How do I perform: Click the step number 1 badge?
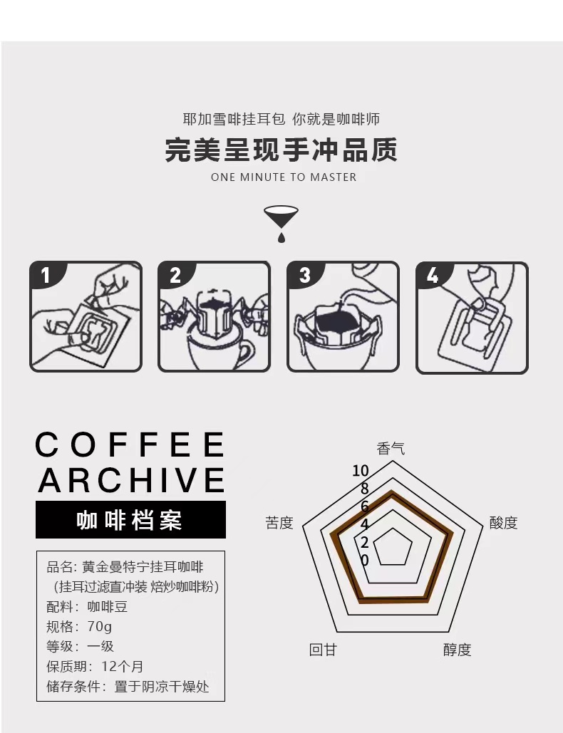46,276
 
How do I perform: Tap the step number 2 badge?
175,276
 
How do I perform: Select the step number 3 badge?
304,276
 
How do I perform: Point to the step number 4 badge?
433,276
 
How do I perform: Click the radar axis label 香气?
391,449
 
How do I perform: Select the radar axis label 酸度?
504,523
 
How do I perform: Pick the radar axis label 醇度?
458,650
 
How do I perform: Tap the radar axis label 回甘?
323,650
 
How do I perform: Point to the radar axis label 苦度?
279,523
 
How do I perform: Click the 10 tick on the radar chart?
361,471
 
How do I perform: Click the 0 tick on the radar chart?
365,560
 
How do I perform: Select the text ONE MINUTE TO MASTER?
284,177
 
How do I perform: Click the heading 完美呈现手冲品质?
281,150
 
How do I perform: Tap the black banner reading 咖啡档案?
130,520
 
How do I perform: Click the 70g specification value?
100,626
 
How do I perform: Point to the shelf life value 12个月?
122,666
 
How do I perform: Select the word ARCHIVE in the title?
131,480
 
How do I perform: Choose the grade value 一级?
100,646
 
